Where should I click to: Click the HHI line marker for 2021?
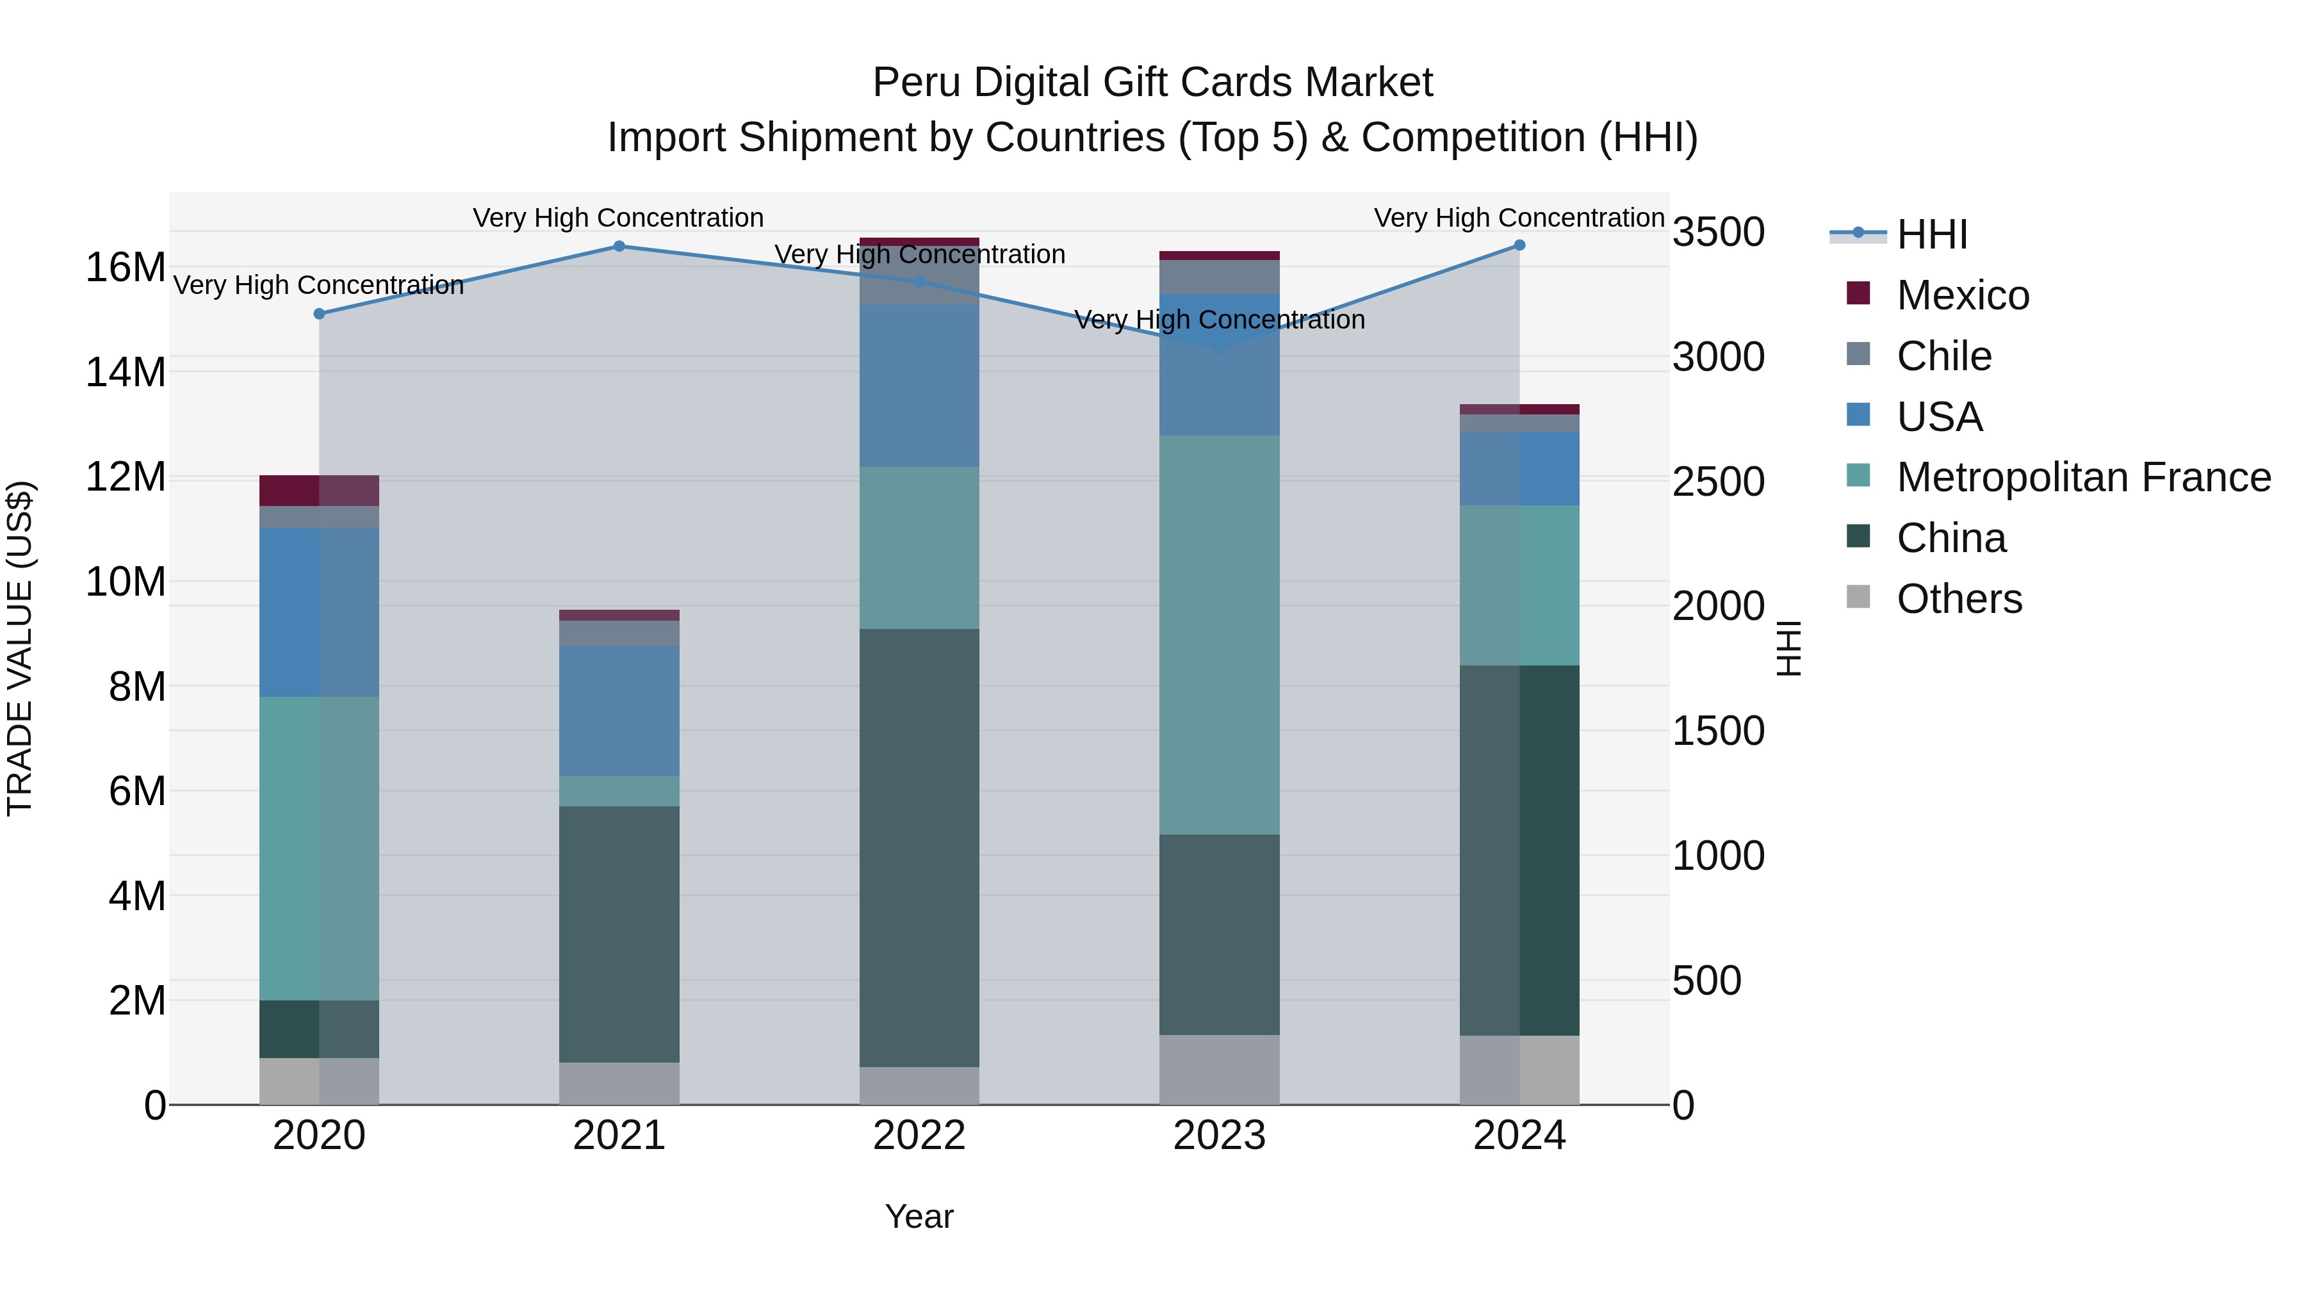tap(619, 246)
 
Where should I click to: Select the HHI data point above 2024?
tap(1519, 245)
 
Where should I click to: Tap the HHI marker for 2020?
tap(319, 313)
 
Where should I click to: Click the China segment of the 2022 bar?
tap(919, 847)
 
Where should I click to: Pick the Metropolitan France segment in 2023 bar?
tap(1219, 635)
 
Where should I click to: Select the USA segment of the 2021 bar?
tap(619, 711)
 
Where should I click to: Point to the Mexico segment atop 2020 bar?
tap(319, 491)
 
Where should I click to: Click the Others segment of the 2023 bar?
tap(1219, 1070)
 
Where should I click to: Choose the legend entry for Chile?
tap(1943, 356)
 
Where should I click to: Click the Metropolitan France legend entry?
tap(2083, 478)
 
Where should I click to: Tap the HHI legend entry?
tap(1932, 234)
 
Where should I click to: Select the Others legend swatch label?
tap(1959, 600)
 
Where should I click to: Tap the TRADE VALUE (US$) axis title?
tap(20, 648)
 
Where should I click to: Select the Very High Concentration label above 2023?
tap(1219, 320)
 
